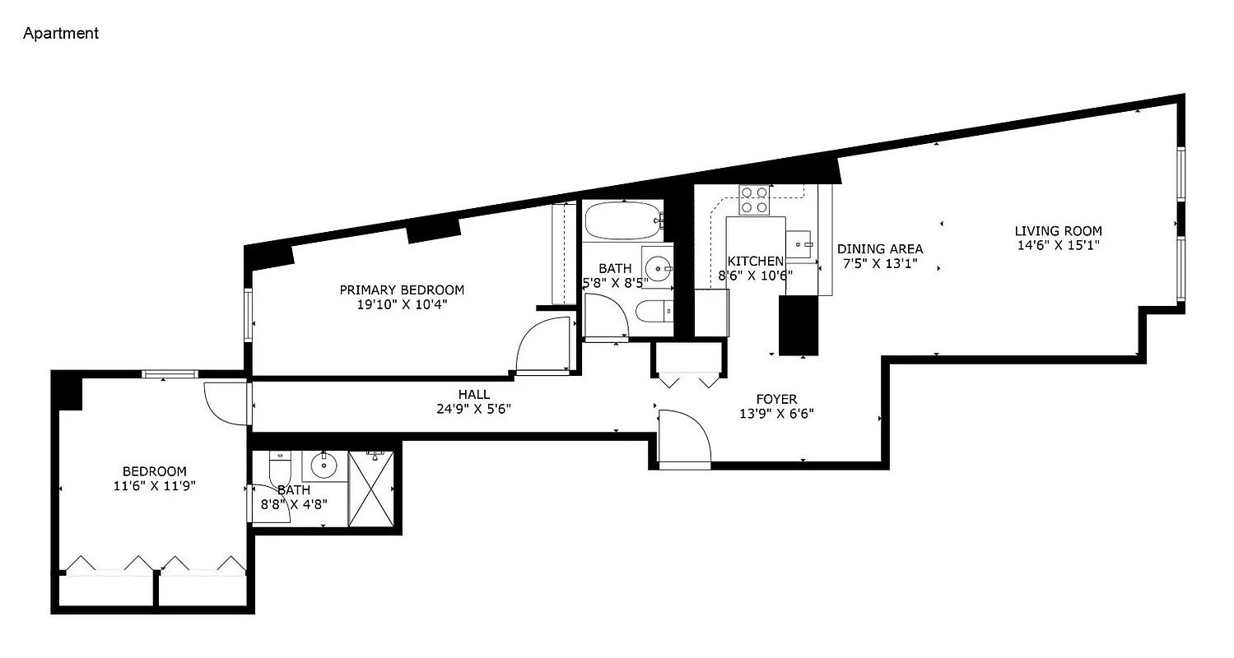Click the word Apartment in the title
point(61,34)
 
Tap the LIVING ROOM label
point(1058,231)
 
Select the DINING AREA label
point(880,248)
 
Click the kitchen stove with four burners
point(754,200)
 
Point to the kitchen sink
point(800,245)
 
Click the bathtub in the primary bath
point(622,220)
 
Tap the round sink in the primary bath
point(657,266)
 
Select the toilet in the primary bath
point(655,311)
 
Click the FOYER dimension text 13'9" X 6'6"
point(777,415)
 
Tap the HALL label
point(476,395)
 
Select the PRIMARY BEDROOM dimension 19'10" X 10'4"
point(402,304)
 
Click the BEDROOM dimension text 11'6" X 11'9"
point(155,486)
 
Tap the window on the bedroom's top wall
point(169,374)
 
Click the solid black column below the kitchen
point(799,325)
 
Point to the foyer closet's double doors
point(688,381)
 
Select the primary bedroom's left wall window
point(248,314)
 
